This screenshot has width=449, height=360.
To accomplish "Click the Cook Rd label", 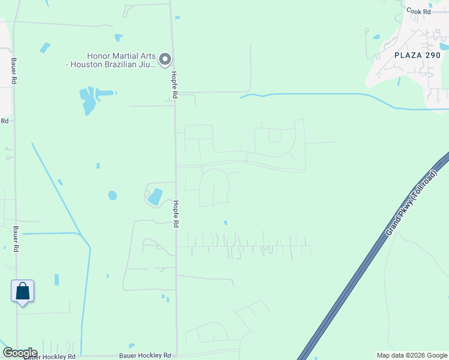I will click(418, 11).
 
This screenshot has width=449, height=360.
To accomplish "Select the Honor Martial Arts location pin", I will click(166, 59).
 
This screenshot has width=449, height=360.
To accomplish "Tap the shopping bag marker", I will click(22, 292).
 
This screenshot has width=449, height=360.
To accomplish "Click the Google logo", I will click(19, 353).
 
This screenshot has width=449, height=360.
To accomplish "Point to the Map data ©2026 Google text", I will click(411, 355).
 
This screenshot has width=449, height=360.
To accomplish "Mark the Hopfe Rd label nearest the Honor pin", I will click(174, 85).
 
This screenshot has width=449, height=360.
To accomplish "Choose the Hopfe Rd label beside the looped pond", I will click(176, 213).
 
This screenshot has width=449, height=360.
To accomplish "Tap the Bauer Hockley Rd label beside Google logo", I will click(52, 356).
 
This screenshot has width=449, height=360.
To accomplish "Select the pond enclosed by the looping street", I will click(155, 196).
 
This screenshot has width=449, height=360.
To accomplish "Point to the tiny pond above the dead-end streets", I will click(225, 223).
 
